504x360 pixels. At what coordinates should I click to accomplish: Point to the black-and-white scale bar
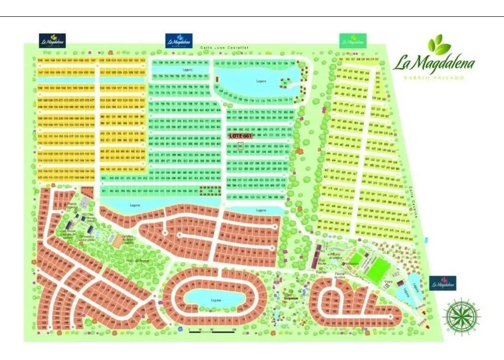pos(211,332)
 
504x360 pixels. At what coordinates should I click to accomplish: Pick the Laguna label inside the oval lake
pos(215,300)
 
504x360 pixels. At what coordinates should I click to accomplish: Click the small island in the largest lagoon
pos(286,82)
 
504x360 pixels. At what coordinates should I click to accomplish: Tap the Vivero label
pos(388,282)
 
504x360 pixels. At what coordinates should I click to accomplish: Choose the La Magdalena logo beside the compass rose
pos(442,283)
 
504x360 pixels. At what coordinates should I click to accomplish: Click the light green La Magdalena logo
pos(353,41)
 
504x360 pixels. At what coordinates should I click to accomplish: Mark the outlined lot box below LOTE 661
pos(241,146)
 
